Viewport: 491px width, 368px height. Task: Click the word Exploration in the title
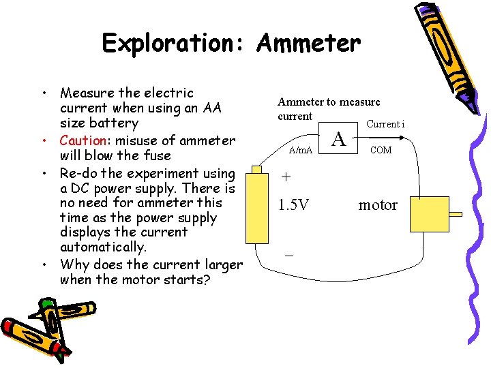pyautogui.click(x=175, y=44)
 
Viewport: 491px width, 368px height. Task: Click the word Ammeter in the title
pyautogui.click(x=308, y=44)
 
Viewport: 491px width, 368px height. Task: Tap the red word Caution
pyautogui.click(x=81, y=141)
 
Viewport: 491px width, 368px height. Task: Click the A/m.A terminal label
pyautogui.click(x=301, y=150)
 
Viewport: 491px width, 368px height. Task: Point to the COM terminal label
pyautogui.click(x=380, y=150)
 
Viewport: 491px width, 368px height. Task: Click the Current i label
pyautogui.click(x=385, y=124)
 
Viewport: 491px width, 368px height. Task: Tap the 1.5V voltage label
pyautogui.click(x=293, y=204)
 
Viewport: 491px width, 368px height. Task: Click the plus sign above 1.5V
pyautogui.click(x=286, y=177)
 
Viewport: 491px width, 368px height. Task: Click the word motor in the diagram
pyautogui.click(x=378, y=204)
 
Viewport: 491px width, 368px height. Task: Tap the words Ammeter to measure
pyautogui.click(x=329, y=102)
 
